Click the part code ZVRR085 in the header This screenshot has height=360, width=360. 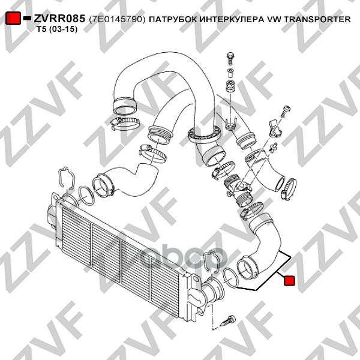[x=59, y=19]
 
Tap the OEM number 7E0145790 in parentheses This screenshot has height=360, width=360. [x=118, y=19]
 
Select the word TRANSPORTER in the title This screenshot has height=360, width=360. [x=317, y=19]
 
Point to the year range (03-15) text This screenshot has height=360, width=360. [x=62, y=29]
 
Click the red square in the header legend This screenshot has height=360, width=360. [x=13, y=18]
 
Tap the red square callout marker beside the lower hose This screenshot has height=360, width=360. [x=289, y=281]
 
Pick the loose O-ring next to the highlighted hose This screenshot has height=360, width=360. [x=230, y=278]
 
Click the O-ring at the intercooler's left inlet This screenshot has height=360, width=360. [x=86, y=196]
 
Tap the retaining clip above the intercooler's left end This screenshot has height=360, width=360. [x=67, y=178]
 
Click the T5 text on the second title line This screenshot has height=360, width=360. [x=41, y=29]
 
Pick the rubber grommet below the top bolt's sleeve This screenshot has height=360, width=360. [x=230, y=87]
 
